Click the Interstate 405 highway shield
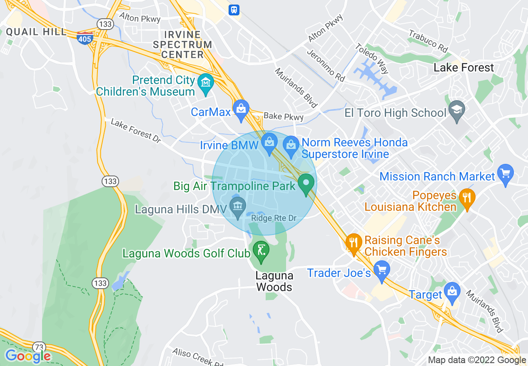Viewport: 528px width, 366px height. [x=85, y=37]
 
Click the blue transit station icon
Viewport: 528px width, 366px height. [x=234, y=10]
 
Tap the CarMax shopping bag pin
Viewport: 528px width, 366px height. [x=241, y=109]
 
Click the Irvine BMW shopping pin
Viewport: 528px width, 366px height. [x=269, y=143]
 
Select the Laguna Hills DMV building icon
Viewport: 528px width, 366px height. [x=238, y=206]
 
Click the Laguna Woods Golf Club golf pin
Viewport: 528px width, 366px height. [x=261, y=251]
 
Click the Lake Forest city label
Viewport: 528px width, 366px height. [x=464, y=68]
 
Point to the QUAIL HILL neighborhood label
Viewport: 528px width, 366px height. [x=36, y=32]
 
